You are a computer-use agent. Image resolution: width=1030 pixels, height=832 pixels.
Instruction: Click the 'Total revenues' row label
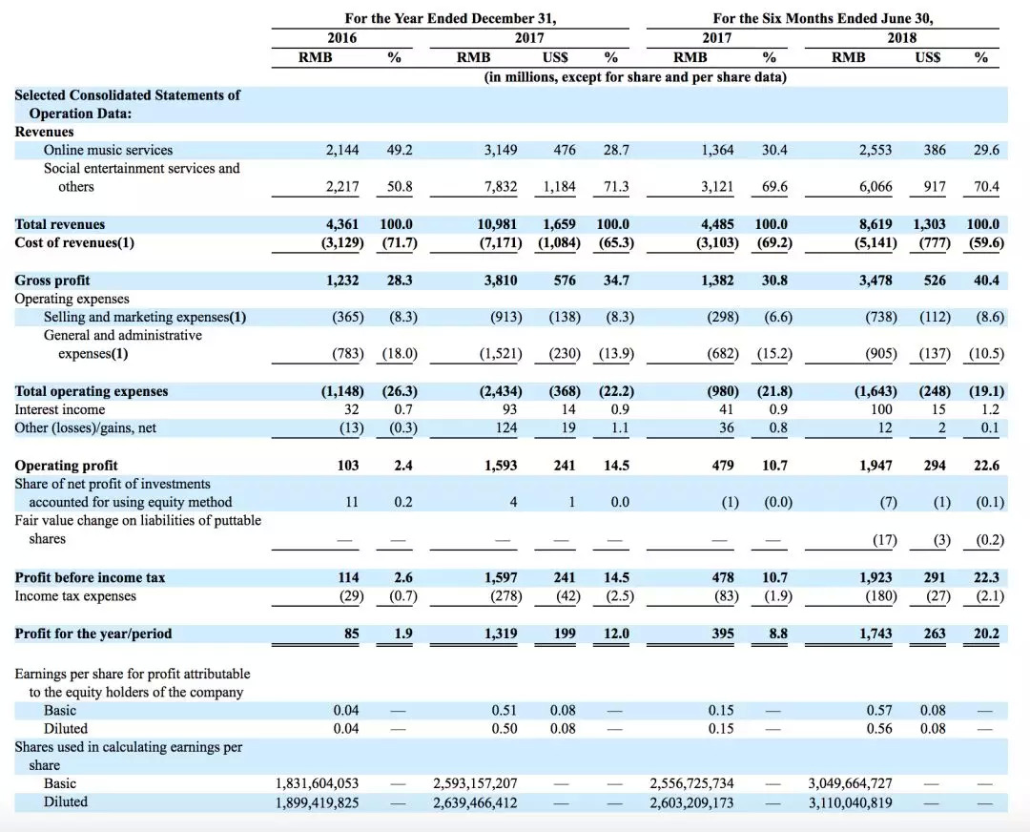click(60, 224)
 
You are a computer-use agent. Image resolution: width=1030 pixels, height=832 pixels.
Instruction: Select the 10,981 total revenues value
click(497, 224)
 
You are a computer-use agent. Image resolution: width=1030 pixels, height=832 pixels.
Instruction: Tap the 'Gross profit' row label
click(52, 281)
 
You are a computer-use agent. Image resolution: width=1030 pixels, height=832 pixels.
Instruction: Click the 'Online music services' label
click(109, 150)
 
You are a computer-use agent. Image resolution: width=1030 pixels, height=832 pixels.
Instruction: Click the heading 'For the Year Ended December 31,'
click(450, 18)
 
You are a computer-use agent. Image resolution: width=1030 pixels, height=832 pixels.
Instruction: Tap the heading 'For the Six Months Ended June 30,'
click(821, 18)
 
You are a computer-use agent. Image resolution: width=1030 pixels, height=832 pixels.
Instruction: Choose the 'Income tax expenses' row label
click(75, 596)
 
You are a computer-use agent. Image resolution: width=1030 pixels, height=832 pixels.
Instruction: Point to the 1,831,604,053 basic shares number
click(318, 783)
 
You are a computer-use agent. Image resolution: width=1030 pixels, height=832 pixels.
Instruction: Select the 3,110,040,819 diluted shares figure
click(851, 802)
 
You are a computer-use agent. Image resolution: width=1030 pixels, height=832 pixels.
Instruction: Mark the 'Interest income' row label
click(60, 409)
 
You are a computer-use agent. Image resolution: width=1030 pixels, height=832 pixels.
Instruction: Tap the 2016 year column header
click(342, 38)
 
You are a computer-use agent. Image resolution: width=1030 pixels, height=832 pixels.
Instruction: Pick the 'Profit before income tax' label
click(91, 578)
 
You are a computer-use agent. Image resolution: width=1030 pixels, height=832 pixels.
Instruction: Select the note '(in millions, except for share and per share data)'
click(635, 76)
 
